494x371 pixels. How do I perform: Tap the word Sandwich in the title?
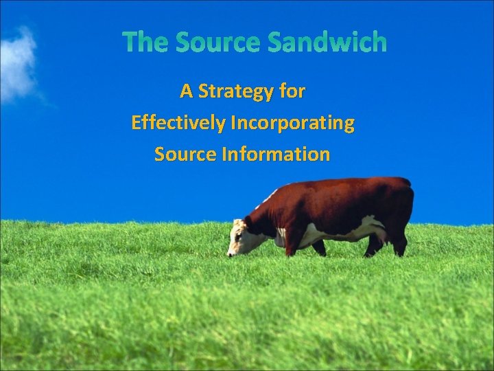click(327, 43)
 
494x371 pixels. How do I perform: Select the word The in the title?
click(146, 43)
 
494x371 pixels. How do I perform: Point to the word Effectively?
click(178, 124)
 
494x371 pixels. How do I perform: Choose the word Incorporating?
click(293, 124)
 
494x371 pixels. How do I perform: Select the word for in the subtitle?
click(294, 91)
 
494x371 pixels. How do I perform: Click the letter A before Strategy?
click(186, 91)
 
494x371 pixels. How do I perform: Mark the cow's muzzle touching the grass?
click(231, 253)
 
